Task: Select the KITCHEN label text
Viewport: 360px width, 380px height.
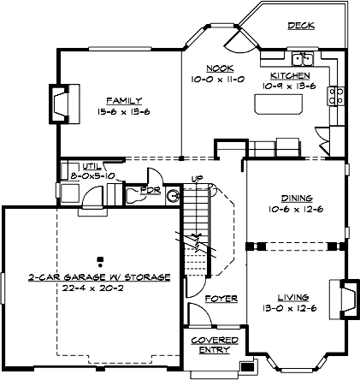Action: [x=284, y=76]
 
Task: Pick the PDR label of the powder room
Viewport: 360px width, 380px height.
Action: [x=150, y=189]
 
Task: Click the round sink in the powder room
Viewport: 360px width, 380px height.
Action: [x=173, y=195]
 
